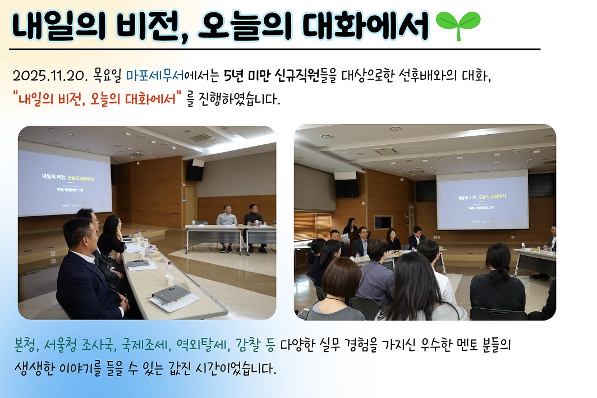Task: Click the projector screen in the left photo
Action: (65, 179)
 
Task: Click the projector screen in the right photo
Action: (482, 199)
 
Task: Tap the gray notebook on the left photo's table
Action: (171, 294)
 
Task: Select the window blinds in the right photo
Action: (312, 225)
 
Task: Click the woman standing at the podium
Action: (351, 228)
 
